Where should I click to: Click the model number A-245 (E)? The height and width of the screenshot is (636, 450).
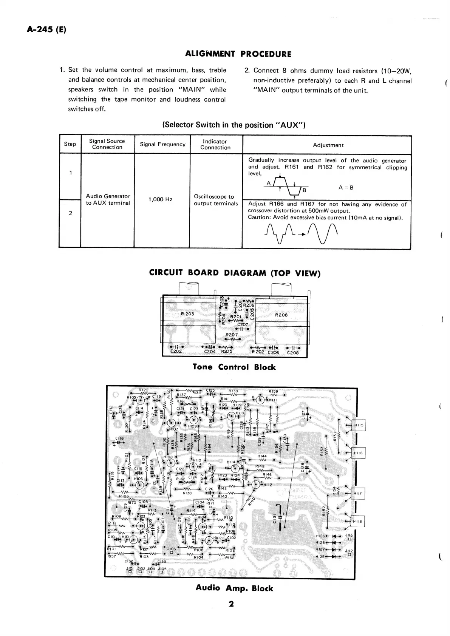tap(46, 30)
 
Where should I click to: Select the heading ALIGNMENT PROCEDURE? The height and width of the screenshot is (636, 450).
tap(238, 54)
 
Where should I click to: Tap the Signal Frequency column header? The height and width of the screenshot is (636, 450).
tap(162, 144)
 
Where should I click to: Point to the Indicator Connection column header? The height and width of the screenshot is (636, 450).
tap(215, 144)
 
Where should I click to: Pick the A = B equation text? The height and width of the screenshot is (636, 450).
tap(346, 188)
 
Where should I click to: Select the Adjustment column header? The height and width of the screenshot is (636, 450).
tap(328, 145)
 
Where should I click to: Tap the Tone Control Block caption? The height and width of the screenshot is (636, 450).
tap(234, 367)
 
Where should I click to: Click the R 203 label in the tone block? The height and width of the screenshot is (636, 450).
tap(187, 314)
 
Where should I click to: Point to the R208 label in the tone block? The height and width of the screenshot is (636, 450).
tap(281, 315)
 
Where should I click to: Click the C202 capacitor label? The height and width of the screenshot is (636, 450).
tap(176, 351)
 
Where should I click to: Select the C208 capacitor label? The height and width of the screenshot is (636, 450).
tap(293, 353)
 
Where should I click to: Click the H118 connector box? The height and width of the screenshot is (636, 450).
tap(357, 522)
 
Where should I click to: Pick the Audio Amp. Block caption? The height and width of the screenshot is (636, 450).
tap(234, 588)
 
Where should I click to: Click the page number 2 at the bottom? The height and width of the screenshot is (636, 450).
tap(231, 604)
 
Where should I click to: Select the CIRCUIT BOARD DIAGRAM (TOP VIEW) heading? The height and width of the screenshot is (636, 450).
tap(235, 273)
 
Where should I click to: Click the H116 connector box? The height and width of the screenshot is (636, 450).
tap(358, 453)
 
